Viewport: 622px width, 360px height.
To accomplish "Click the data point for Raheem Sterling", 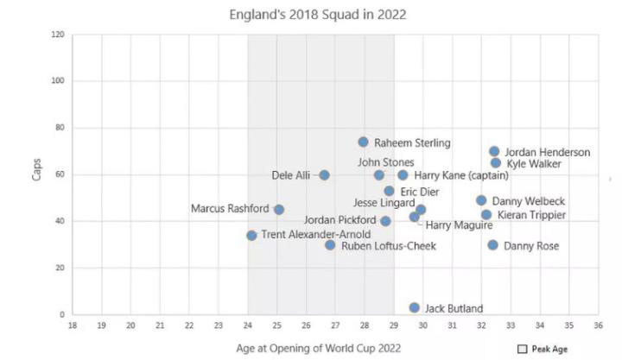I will [363, 142].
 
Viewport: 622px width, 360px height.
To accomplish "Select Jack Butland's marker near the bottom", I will [415, 307].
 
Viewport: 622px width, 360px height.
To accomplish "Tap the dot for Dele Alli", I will [324, 175].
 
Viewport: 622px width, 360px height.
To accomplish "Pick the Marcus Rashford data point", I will [279, 209].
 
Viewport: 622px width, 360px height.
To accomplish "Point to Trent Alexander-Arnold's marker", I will [251, 235].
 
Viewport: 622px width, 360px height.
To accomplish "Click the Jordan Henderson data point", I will [494, 152].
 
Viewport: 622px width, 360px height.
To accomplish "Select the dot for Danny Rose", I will [492, 245].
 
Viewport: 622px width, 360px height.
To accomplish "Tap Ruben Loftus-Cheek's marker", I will [330, 245].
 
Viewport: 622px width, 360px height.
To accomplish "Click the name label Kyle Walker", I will [534, 163].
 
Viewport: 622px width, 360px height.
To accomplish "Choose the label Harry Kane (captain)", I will [461, 175].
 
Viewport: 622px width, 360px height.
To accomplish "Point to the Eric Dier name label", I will [421, 191].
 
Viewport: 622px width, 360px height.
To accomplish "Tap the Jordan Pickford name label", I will [340, 220].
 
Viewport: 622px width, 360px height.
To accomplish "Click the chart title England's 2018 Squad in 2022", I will [317, 15].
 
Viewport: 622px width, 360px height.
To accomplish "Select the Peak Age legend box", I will [522, 349].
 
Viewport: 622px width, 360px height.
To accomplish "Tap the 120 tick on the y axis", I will [58, 35].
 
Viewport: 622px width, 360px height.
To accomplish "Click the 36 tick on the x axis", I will [598, 325].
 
